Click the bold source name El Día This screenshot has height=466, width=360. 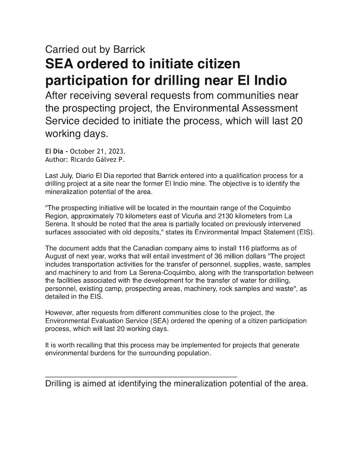[x=56, y=151]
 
